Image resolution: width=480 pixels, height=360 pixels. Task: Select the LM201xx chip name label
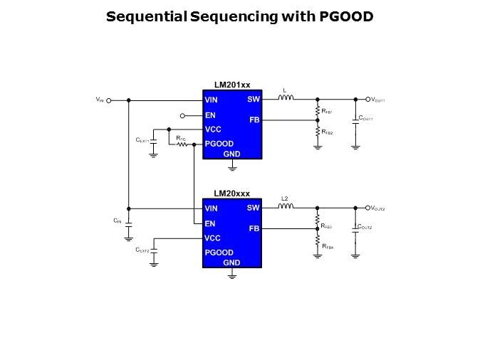(x=232, y=85)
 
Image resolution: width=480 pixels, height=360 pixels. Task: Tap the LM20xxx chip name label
(x=232, y=194)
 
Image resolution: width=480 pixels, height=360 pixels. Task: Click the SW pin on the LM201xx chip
(x=254, y=100)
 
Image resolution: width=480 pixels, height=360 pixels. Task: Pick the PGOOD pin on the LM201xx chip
(x=219, y=144)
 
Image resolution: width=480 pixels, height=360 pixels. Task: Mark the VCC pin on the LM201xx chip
(x=212, y=129)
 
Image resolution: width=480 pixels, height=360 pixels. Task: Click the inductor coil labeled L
(x=285, y=99)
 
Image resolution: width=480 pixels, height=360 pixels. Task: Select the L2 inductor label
(x=285, y=198)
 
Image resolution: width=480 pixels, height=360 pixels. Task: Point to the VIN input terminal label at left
(x=100, y=100)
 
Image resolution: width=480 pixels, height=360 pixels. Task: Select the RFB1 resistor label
(x=327, y=112)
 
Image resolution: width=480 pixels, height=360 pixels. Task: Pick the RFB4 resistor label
(x=327, y=245)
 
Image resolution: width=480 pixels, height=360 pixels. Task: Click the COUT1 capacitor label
(x=365, y=118)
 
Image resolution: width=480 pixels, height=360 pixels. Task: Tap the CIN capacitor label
(x=118, y=221)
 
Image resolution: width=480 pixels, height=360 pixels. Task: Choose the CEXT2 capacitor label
(x=142, y=250)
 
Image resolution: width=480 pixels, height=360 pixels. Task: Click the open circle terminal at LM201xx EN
(x=182, y=115)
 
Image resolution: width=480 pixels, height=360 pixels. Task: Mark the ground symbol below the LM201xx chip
(x=232, y=168)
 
